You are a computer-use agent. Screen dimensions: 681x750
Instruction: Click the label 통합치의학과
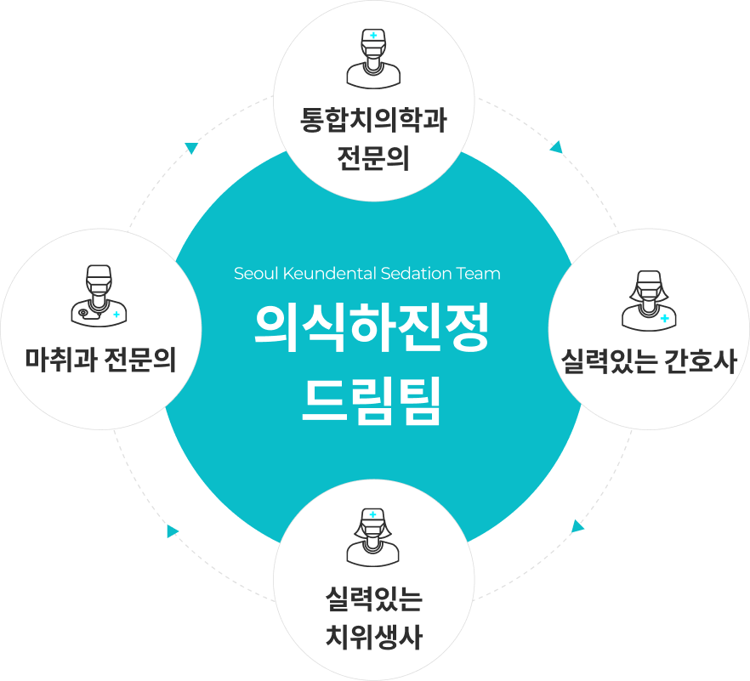(x=373, y=120)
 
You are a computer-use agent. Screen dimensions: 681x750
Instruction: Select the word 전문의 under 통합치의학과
(x=373, y=156)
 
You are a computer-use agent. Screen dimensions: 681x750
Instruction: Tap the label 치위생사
(x=373, y=636)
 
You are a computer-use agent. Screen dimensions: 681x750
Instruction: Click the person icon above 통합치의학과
(x=372, y=59)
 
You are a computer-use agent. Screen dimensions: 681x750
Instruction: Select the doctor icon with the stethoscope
(x=98, y=295)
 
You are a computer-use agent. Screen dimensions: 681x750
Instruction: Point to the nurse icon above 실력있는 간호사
(x=649, y=300)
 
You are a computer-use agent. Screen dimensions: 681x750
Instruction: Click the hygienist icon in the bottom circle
(x=372, y=537)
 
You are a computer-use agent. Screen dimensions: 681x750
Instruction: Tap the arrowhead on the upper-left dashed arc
(x=191, y=148)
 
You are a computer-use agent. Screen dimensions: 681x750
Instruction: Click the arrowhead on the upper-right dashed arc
(x=557, y=148)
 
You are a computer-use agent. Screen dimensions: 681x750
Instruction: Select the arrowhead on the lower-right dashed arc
(x=578, y=526)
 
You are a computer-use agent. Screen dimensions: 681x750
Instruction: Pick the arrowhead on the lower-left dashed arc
(x=173, y=531)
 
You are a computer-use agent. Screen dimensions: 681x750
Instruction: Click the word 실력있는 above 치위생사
(x=373, y=599)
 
